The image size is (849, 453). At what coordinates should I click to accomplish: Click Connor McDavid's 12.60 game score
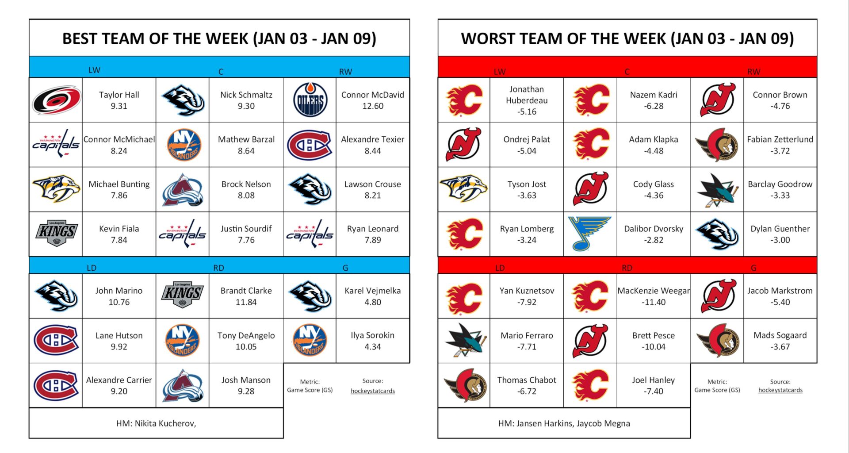tap(373, 106)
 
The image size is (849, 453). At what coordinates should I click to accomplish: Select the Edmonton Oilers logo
tap(310, 100)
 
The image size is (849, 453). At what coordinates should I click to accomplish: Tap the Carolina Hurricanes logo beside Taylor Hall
tap(56, 100)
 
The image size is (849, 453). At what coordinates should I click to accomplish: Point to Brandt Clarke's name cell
tap(246, 296)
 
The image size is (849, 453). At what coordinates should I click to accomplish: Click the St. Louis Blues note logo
tap(590, 234)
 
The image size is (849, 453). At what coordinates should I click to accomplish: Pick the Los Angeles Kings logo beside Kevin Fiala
tap(56, 234)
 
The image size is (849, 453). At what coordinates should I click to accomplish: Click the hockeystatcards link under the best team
tap(372, 391)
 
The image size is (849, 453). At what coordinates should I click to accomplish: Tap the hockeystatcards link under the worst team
tap(780, 390)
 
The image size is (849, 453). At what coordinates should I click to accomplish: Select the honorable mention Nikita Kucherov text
tap(156, 423)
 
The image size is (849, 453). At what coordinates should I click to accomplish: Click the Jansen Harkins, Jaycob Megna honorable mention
tap(564, 423)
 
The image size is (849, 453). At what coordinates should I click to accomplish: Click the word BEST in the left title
tap(80, 38)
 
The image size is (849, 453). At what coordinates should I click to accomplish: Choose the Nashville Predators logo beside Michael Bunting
tap(56, 189)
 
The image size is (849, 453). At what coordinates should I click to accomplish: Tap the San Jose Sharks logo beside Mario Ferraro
tap(463, 341)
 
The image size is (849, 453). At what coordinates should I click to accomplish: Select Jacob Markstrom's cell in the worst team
tap(780, 296)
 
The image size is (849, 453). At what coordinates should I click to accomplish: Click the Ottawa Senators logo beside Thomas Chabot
tap(463, 385)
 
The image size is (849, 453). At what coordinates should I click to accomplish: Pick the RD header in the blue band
tap(218, 268)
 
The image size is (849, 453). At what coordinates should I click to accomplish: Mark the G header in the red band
tap(753, 268)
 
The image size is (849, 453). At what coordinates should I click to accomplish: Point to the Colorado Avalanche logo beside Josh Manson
tap(183, 385)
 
